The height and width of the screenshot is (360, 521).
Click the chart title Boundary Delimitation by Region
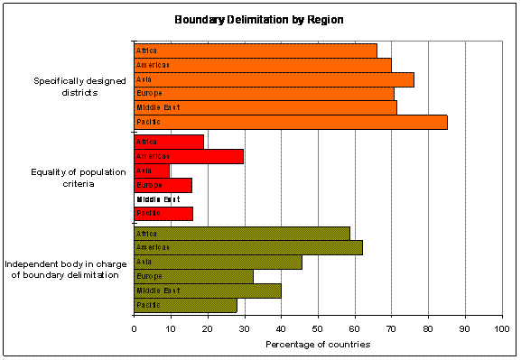[260, 19]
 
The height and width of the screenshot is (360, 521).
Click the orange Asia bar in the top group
[274, 79]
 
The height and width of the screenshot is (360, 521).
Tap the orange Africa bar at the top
[256, 51]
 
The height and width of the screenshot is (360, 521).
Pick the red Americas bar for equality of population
[189, 156]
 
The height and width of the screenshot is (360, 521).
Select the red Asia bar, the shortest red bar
[152, 171]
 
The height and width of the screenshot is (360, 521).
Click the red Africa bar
[169, 142]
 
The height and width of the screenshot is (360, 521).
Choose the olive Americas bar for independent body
[248, 247]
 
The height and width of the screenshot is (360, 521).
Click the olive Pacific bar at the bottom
[185, 305]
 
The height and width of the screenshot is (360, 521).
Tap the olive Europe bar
[193, 276]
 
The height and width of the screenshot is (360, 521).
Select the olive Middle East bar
[208, 291]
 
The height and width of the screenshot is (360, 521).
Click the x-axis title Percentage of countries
[318, 344]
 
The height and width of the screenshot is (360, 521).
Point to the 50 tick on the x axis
[318, 328]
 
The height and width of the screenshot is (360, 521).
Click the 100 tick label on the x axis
[502, 328]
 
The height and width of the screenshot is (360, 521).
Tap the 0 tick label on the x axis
[134, 328]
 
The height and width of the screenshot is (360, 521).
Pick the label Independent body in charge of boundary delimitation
[62, 269]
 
